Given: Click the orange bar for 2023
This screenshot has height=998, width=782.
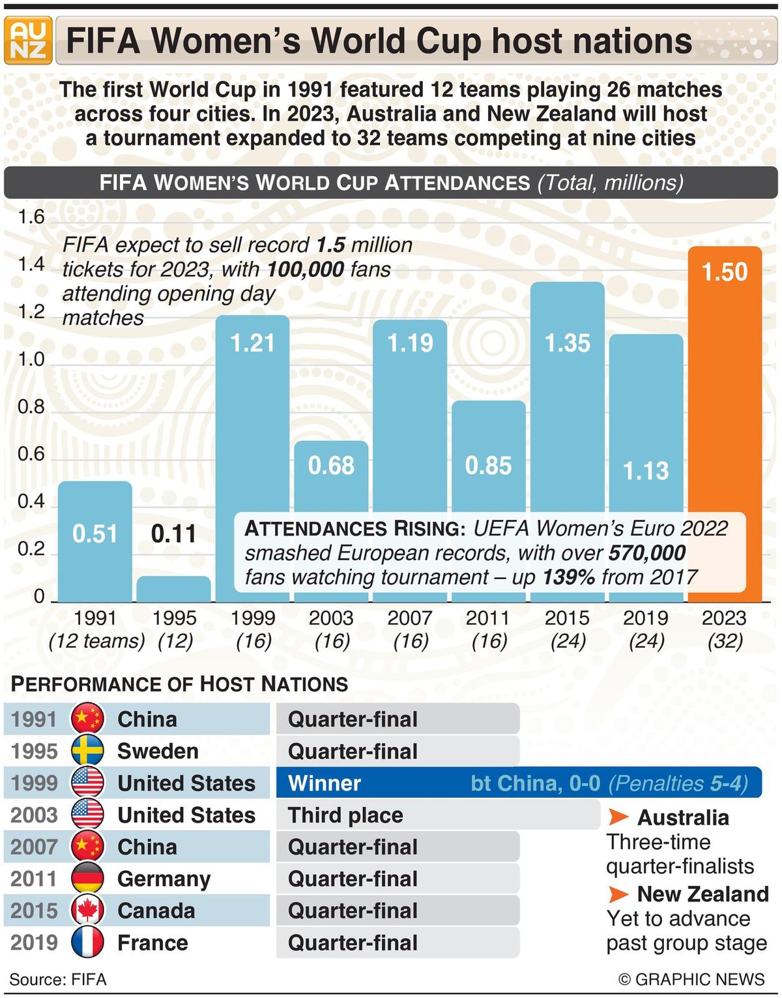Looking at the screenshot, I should pos(725,424).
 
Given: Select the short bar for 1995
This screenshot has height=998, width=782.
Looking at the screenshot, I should pos(173,589).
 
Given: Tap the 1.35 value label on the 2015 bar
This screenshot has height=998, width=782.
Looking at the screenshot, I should pos(567,343).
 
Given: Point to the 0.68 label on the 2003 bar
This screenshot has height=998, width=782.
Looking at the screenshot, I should pos(331,466).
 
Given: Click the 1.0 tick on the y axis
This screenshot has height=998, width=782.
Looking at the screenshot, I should pos(31,359).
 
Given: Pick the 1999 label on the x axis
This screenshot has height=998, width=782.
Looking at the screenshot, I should pos(253,618).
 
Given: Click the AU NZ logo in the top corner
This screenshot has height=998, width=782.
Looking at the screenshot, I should pos(28,40).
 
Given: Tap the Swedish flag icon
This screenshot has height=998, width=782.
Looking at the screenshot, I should pos(87,751).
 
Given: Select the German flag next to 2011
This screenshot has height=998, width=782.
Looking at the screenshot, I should pos(87,879).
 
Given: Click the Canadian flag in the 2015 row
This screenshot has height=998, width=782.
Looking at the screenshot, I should pos(87,911).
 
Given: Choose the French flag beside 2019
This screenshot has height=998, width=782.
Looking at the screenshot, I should pos(87,943).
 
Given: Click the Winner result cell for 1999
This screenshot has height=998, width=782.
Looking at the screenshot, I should pos(324,783).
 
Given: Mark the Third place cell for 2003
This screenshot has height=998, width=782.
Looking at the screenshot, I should pos(345,815).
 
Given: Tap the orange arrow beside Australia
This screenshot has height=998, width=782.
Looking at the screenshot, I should pos(618,817).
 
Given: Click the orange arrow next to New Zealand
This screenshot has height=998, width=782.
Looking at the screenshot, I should pos(618,894).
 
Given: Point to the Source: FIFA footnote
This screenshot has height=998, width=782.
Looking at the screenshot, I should pos(58,980).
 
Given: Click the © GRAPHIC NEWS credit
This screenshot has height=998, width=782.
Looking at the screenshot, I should pos(691,980).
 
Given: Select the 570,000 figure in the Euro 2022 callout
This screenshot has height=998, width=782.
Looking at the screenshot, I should pos(646,553).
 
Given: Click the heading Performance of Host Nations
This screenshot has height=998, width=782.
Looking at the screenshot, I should pos(180,684).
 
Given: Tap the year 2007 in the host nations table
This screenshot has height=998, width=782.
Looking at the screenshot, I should pos(34,847).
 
